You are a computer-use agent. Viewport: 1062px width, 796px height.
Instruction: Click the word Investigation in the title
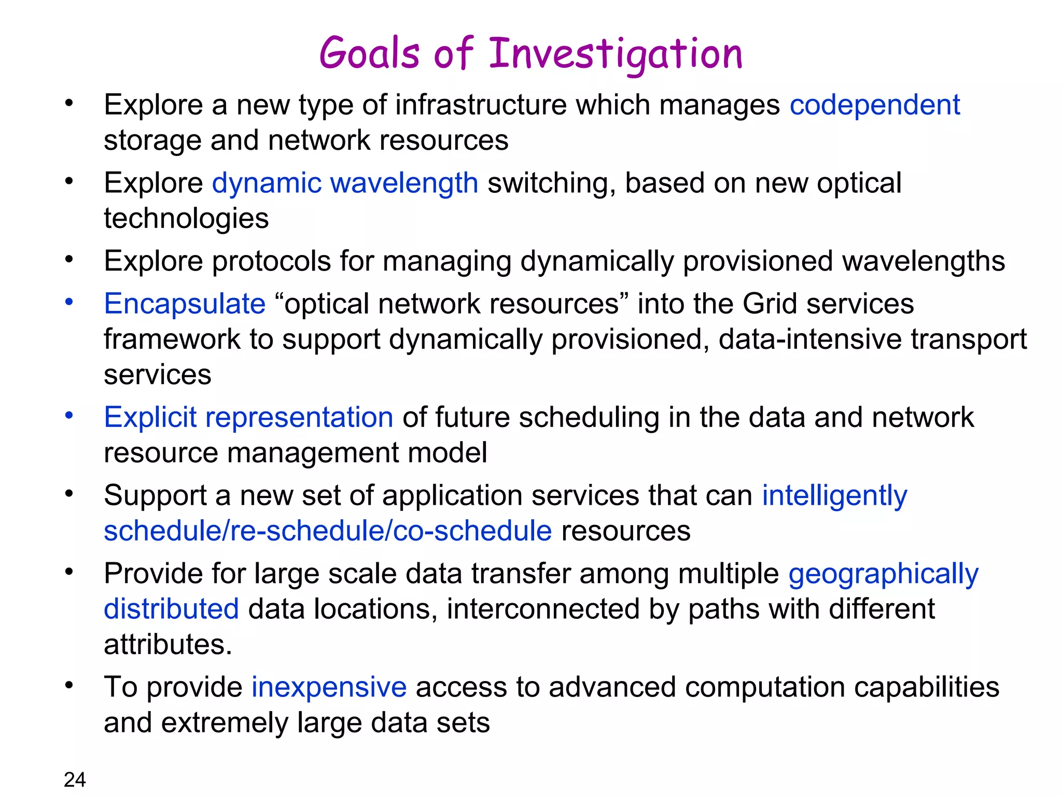coord(616,54)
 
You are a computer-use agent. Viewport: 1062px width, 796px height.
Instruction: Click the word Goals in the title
coord(369,54)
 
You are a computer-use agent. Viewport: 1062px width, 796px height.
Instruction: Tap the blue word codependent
coord(875,105)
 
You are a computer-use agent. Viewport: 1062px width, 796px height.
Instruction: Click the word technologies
coord(186,219)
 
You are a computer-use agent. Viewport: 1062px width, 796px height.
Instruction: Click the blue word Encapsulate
coord(185,304)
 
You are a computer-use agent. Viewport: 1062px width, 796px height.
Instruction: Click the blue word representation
coord(299,418)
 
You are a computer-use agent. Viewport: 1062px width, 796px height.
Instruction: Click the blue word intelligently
coord(834,496)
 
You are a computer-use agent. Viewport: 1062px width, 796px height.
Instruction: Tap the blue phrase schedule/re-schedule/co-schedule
coord(328,532)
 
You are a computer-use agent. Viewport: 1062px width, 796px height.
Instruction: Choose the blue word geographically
coord(883,574)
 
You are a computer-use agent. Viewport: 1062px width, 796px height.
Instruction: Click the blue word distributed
coord(171,609)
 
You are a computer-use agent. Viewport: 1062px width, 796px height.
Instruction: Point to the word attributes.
coord(167,645)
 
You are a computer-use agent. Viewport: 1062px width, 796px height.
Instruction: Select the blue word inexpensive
coord(329,688)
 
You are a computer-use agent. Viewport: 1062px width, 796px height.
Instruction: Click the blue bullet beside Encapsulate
coord(69,302)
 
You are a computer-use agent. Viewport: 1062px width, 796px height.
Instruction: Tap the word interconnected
coord(543,609)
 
